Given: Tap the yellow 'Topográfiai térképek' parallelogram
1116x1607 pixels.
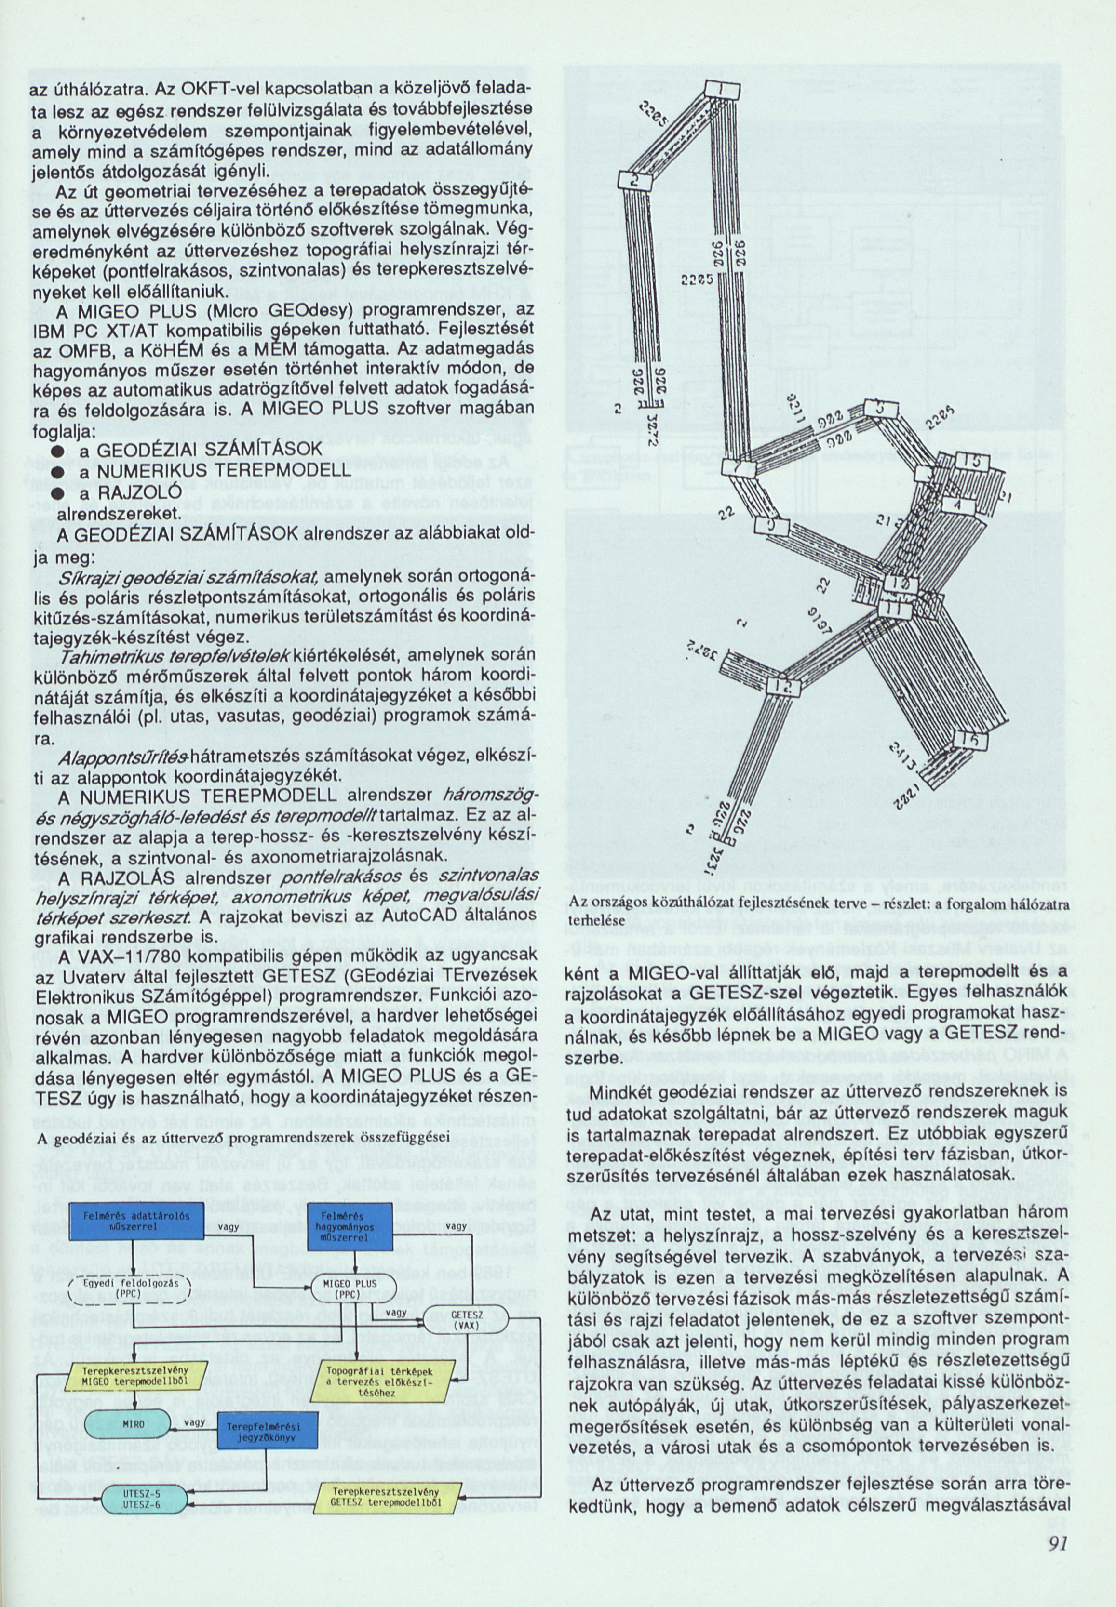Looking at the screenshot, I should [x=382, y=1359].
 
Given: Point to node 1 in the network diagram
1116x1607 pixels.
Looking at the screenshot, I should [x=718, y=90].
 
